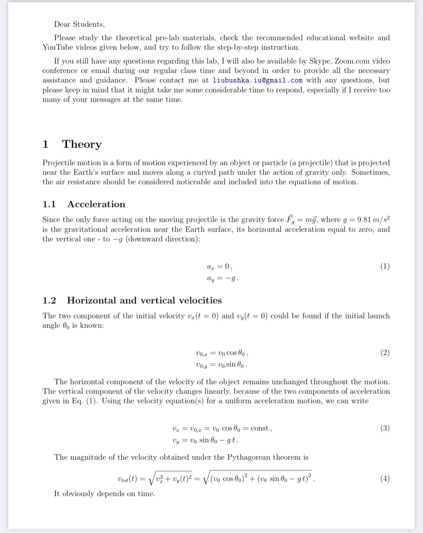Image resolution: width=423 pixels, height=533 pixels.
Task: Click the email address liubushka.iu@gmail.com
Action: point(257,80)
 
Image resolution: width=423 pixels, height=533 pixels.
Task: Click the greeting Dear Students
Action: point(79,24)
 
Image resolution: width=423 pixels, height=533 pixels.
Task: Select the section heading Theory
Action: point(82,144)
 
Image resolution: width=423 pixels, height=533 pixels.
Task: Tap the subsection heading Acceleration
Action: point(96,204)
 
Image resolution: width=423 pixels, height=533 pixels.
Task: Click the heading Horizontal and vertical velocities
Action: point(144,300)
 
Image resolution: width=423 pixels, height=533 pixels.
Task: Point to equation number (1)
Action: point(385,266)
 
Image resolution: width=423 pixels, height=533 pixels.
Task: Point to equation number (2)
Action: point(385,353)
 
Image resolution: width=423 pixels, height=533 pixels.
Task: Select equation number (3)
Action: point(385,428)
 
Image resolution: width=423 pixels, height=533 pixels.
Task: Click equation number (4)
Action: point(385,479)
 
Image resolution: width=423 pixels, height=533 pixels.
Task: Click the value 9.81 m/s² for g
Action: point(373,219)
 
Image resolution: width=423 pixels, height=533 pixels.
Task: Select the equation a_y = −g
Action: point(222,279)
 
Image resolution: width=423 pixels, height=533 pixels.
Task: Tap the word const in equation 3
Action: point(260,428)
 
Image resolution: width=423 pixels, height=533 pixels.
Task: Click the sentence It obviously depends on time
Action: point(104,494)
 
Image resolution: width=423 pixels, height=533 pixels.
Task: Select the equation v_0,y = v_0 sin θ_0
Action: point(221,364)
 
